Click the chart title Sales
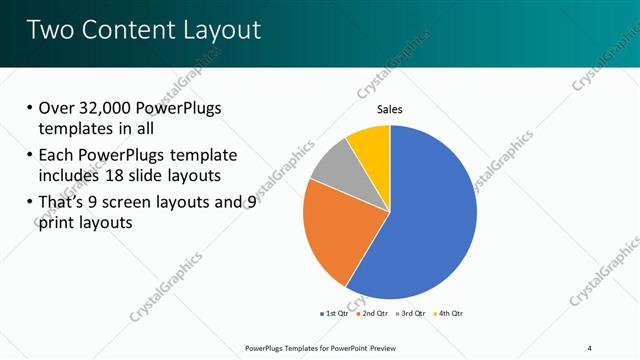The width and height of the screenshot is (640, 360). pos(390,110)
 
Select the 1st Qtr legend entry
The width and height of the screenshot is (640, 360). pos(334,313)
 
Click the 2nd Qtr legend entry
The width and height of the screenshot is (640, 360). pos(371,313)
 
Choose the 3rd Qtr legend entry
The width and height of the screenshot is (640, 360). pos(409,313)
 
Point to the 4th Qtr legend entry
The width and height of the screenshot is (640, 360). pos(447,313)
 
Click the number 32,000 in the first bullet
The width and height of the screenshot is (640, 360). pos(108,108)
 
